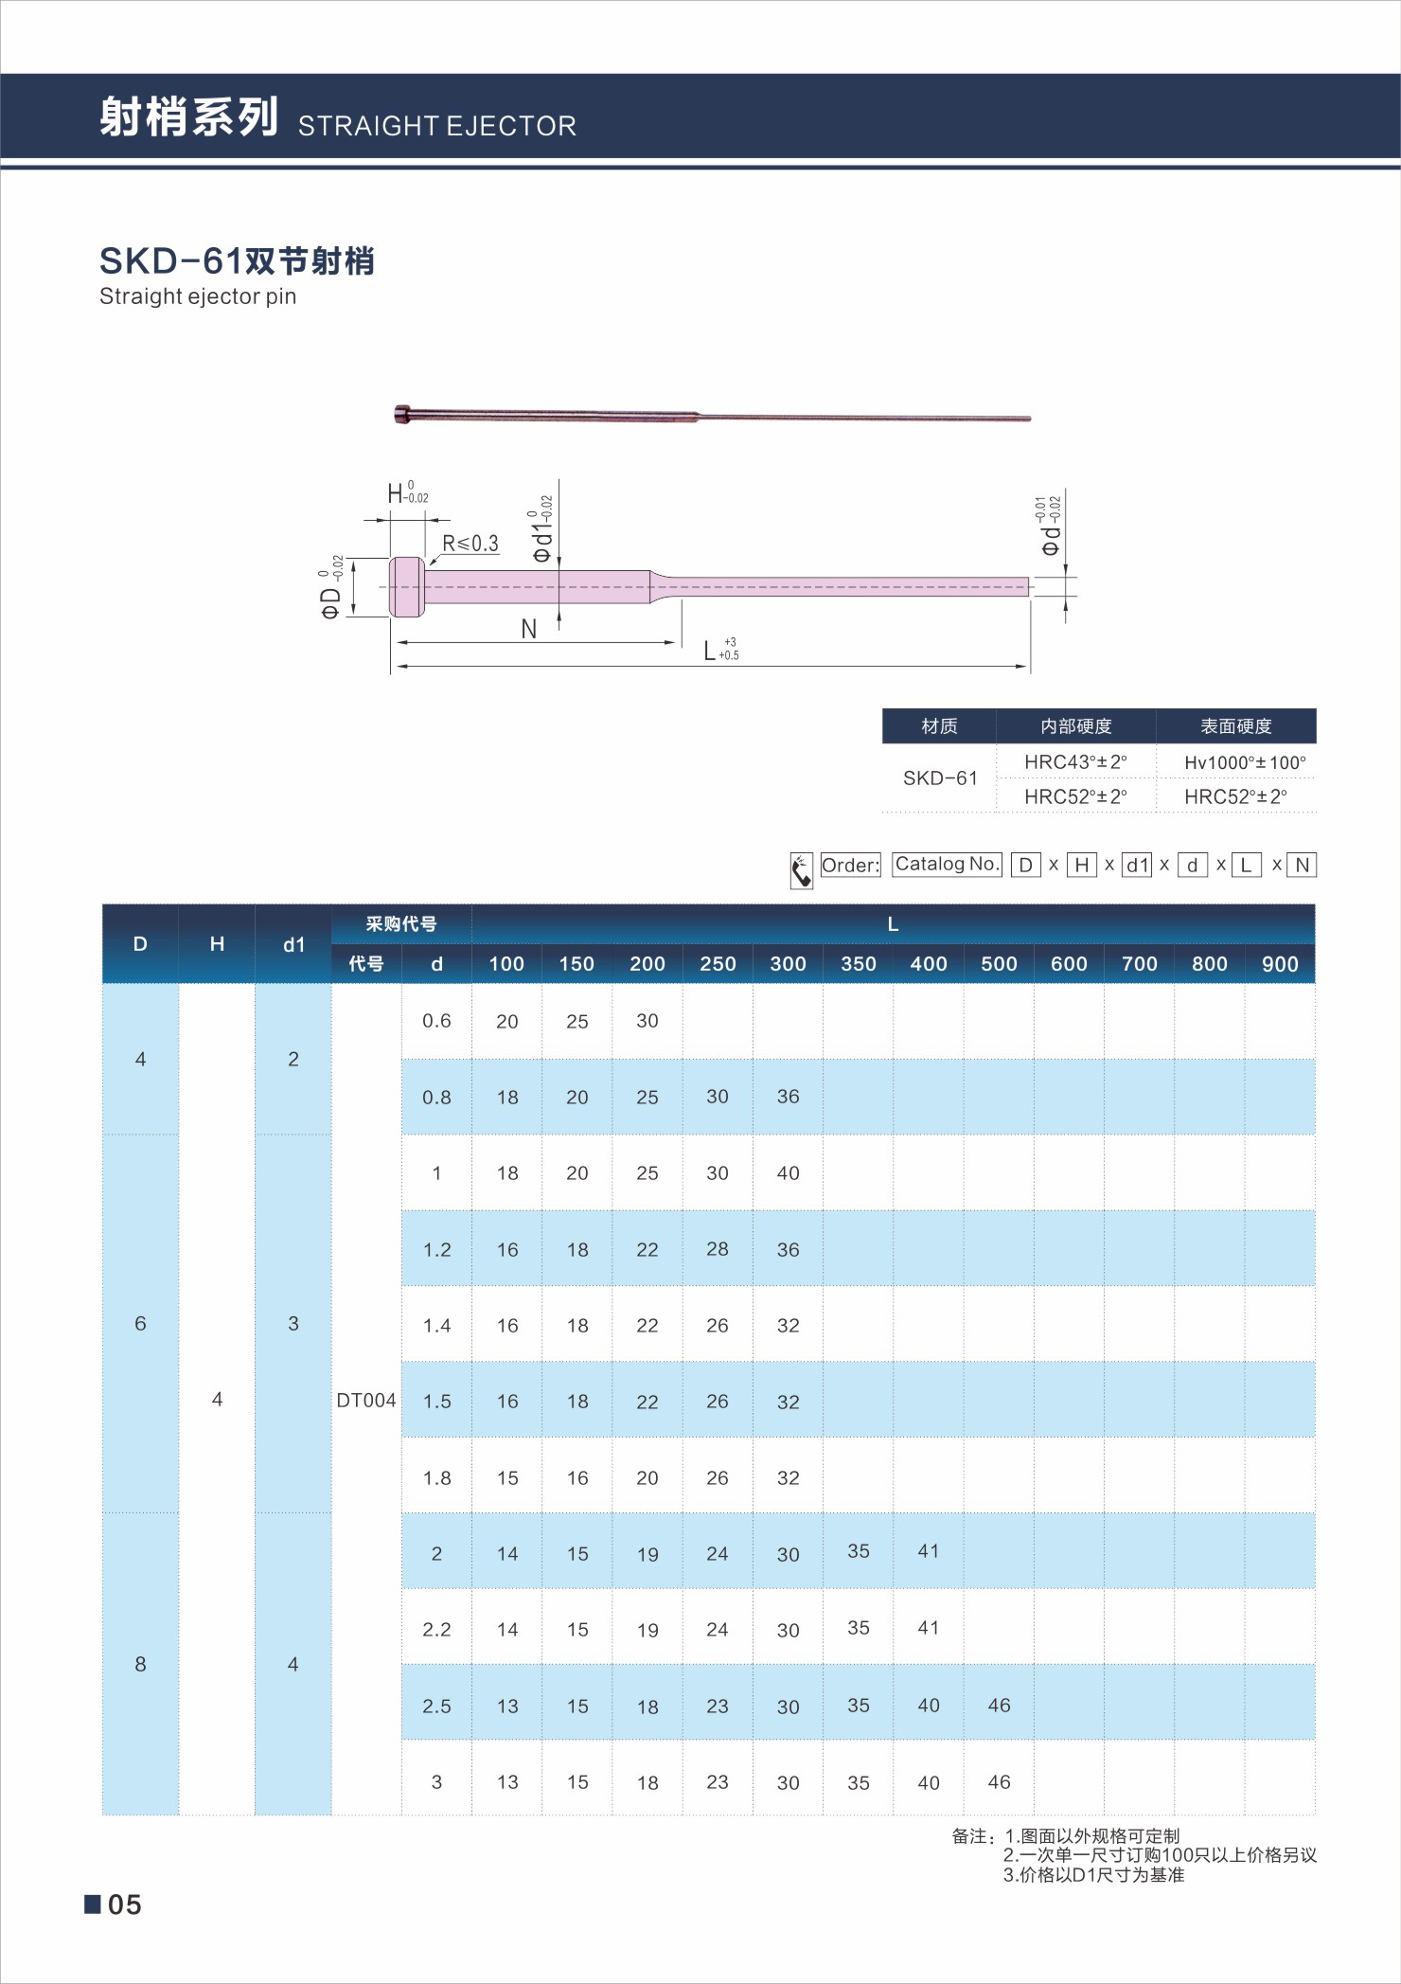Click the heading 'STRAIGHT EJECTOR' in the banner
pyautogui.click(x=436, y=126)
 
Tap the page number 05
pyautogui.click(x=124, y=1904)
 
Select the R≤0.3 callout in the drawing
pyautogui.click(x=470, y=544)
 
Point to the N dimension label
pyautogui.click(x=528, y=629)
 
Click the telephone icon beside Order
pyautogui.click(x=801, y=870)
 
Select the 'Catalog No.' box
pyautogui.click(x=947, y=864)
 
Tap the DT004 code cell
pyautogui.click(x=366, y=1401)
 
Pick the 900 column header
pyautogui.click(x=1280, y=964)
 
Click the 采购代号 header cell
pyautogui.click(x=401, y=924)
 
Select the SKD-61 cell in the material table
pyautogui.click(x=939, y=778)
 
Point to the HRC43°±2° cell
pyautogui.click(x=1075, y=762)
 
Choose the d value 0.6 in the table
pyautogui.click(x=436, y=1021)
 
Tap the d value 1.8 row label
pyautogui.click(x=436, y=1477)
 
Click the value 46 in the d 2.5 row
pyautogui.click(x=999, y=1706)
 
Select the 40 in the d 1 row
pyautogui.click(x=788, y=1173)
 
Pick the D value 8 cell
pyautogui.click(x=140, y=1664)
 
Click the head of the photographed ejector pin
pyautogui.click(x=402, y=414)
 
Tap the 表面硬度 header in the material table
pyautogui.click(x=1235, y=726)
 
